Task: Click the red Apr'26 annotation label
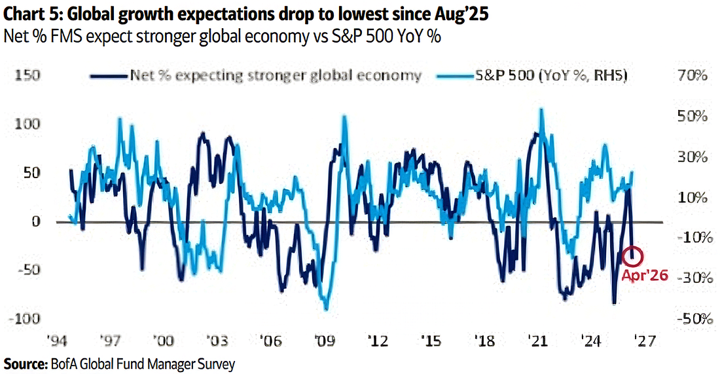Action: (645, 276)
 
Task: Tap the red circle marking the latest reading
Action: (634, 255)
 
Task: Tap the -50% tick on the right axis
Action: (691, 318)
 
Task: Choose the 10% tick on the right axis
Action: (693, 198)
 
